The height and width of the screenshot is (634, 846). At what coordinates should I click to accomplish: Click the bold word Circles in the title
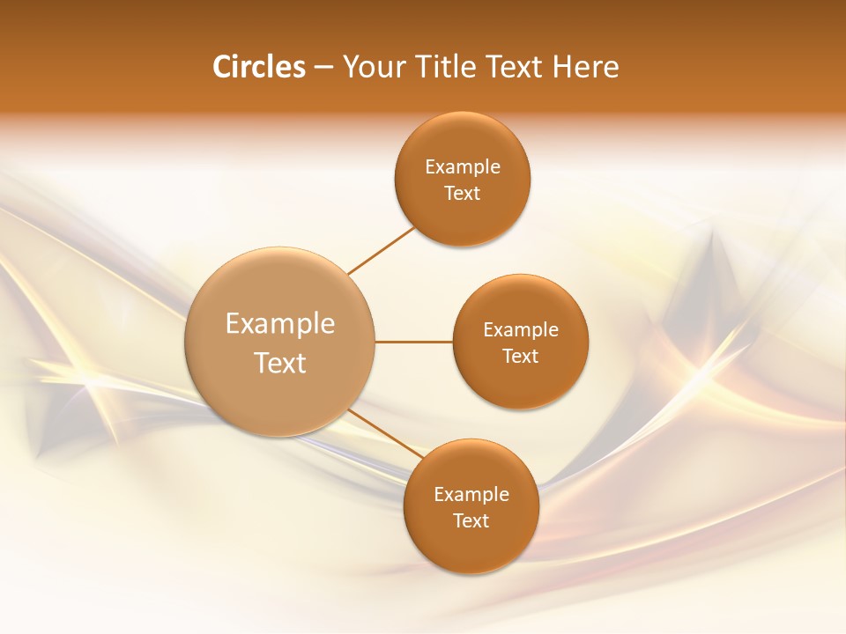tap(258, 67)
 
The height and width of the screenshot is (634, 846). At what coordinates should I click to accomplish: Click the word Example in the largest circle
tap(280, 324)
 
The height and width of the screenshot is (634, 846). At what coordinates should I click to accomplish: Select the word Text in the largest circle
tap(280, 363)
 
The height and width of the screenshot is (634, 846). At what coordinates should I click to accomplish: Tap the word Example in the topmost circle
tap(463, 167)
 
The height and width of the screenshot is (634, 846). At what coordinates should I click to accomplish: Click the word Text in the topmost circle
tap(463, 194)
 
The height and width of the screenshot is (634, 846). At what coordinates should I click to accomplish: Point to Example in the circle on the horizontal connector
tap(521, 330)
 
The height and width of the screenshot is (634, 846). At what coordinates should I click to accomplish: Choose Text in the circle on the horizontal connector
tap(521, 357)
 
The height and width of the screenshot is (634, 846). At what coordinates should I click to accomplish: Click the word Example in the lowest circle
tap(471, 495)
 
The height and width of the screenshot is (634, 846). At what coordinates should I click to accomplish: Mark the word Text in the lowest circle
tap(471, 521)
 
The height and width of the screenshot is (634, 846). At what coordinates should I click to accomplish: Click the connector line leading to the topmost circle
tap(381, 250)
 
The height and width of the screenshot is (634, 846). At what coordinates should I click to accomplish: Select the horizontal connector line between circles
tap(413, 342)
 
